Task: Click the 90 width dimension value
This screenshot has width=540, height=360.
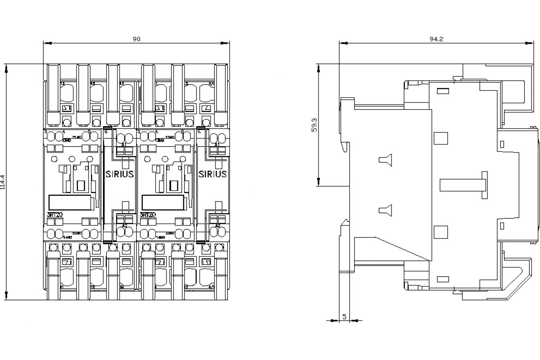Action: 136,39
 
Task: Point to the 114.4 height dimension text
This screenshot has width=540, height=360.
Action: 4,182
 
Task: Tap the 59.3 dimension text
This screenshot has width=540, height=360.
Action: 314,125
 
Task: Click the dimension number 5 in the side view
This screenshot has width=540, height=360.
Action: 344,317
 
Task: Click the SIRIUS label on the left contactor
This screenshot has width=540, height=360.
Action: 119,174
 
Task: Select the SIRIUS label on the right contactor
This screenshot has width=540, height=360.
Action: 212,174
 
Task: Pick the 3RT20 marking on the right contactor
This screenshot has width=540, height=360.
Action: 148,215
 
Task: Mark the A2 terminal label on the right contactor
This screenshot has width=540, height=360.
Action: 217,225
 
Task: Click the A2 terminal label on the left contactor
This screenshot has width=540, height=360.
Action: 124,225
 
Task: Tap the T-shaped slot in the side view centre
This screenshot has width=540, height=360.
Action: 463,184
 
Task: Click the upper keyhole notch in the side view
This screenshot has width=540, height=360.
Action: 386,159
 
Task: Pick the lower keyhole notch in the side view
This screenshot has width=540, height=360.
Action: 386,209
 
